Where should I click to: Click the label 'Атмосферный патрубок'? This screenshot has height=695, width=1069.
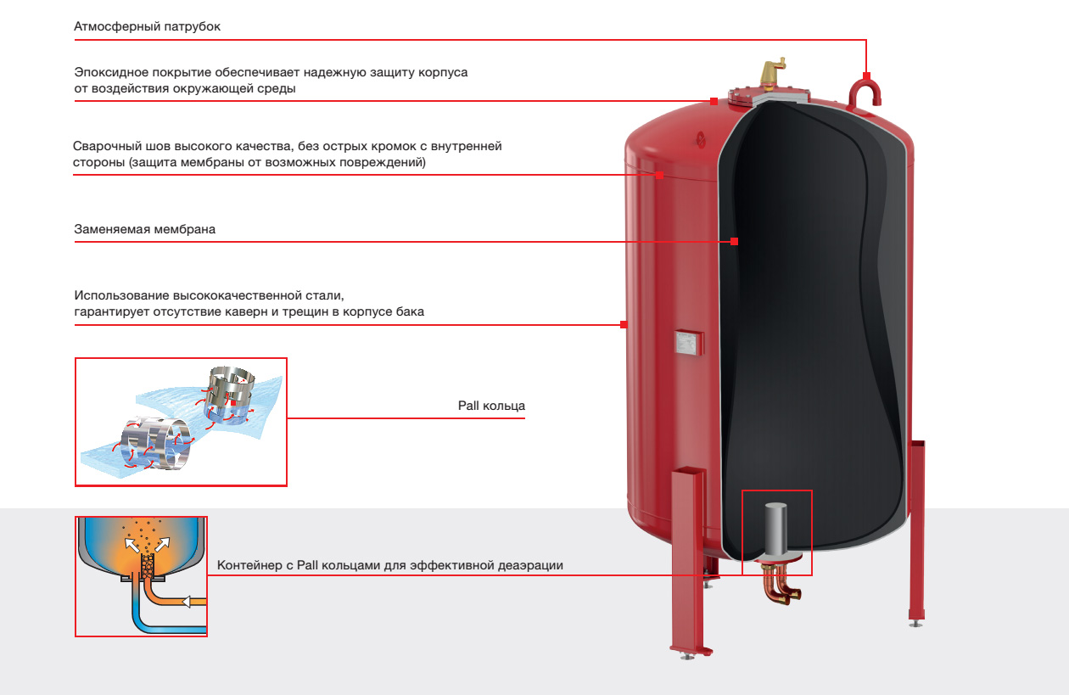(x=147, y=26)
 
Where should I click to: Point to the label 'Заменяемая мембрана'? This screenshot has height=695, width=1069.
(x=144, y=229)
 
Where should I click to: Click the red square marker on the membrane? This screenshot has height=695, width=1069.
(x=735, y=242)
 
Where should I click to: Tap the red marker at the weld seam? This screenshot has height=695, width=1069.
(x=659, y=175)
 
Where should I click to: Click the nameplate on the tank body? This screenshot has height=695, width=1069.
(x=689, y=342)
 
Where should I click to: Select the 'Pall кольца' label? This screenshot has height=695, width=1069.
(x=491, y=406)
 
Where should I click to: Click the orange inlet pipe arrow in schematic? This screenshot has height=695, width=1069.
(x=187, y=602)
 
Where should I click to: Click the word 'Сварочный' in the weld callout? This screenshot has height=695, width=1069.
(x=105, y=146)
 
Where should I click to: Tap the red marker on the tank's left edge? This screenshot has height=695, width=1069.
(x=624, y=324)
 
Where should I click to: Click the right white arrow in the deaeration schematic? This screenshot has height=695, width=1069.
(x=162, y=544)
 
